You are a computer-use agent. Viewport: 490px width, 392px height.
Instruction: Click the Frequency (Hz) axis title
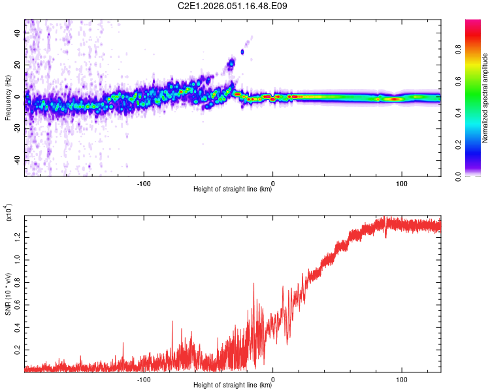point(8,98)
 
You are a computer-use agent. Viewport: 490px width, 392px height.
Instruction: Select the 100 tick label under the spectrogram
point(400,182)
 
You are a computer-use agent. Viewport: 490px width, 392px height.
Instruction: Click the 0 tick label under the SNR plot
point(272,378)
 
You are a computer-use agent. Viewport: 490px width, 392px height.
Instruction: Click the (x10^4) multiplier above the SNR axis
point(8,212)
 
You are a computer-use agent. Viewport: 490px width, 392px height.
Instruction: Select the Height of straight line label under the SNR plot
point(233,385)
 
